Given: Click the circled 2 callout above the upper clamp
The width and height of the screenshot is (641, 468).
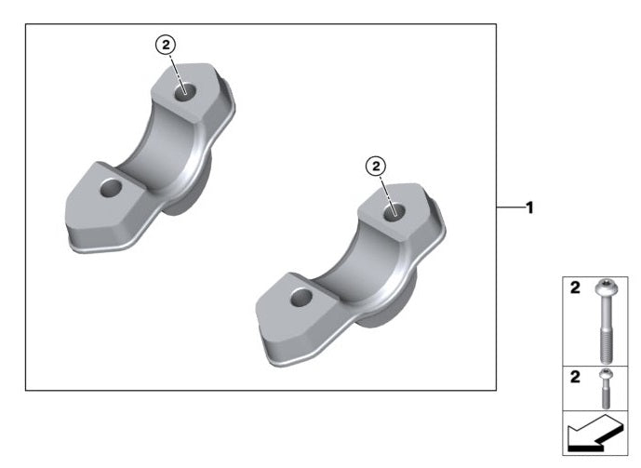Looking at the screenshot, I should [x=165, y=44].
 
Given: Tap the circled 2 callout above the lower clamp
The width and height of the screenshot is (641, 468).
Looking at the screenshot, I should [x=377, y=166].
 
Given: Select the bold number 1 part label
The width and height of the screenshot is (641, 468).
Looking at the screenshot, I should [x=529, y=207].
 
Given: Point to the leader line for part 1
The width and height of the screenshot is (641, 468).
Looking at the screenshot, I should [x=509, y=207].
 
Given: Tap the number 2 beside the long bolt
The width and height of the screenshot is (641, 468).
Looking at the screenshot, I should [x=575, y=289].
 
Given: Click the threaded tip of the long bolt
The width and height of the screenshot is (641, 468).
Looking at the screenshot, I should [x=607, y=348].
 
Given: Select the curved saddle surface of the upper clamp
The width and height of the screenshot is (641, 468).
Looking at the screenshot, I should [x=162, y=154].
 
